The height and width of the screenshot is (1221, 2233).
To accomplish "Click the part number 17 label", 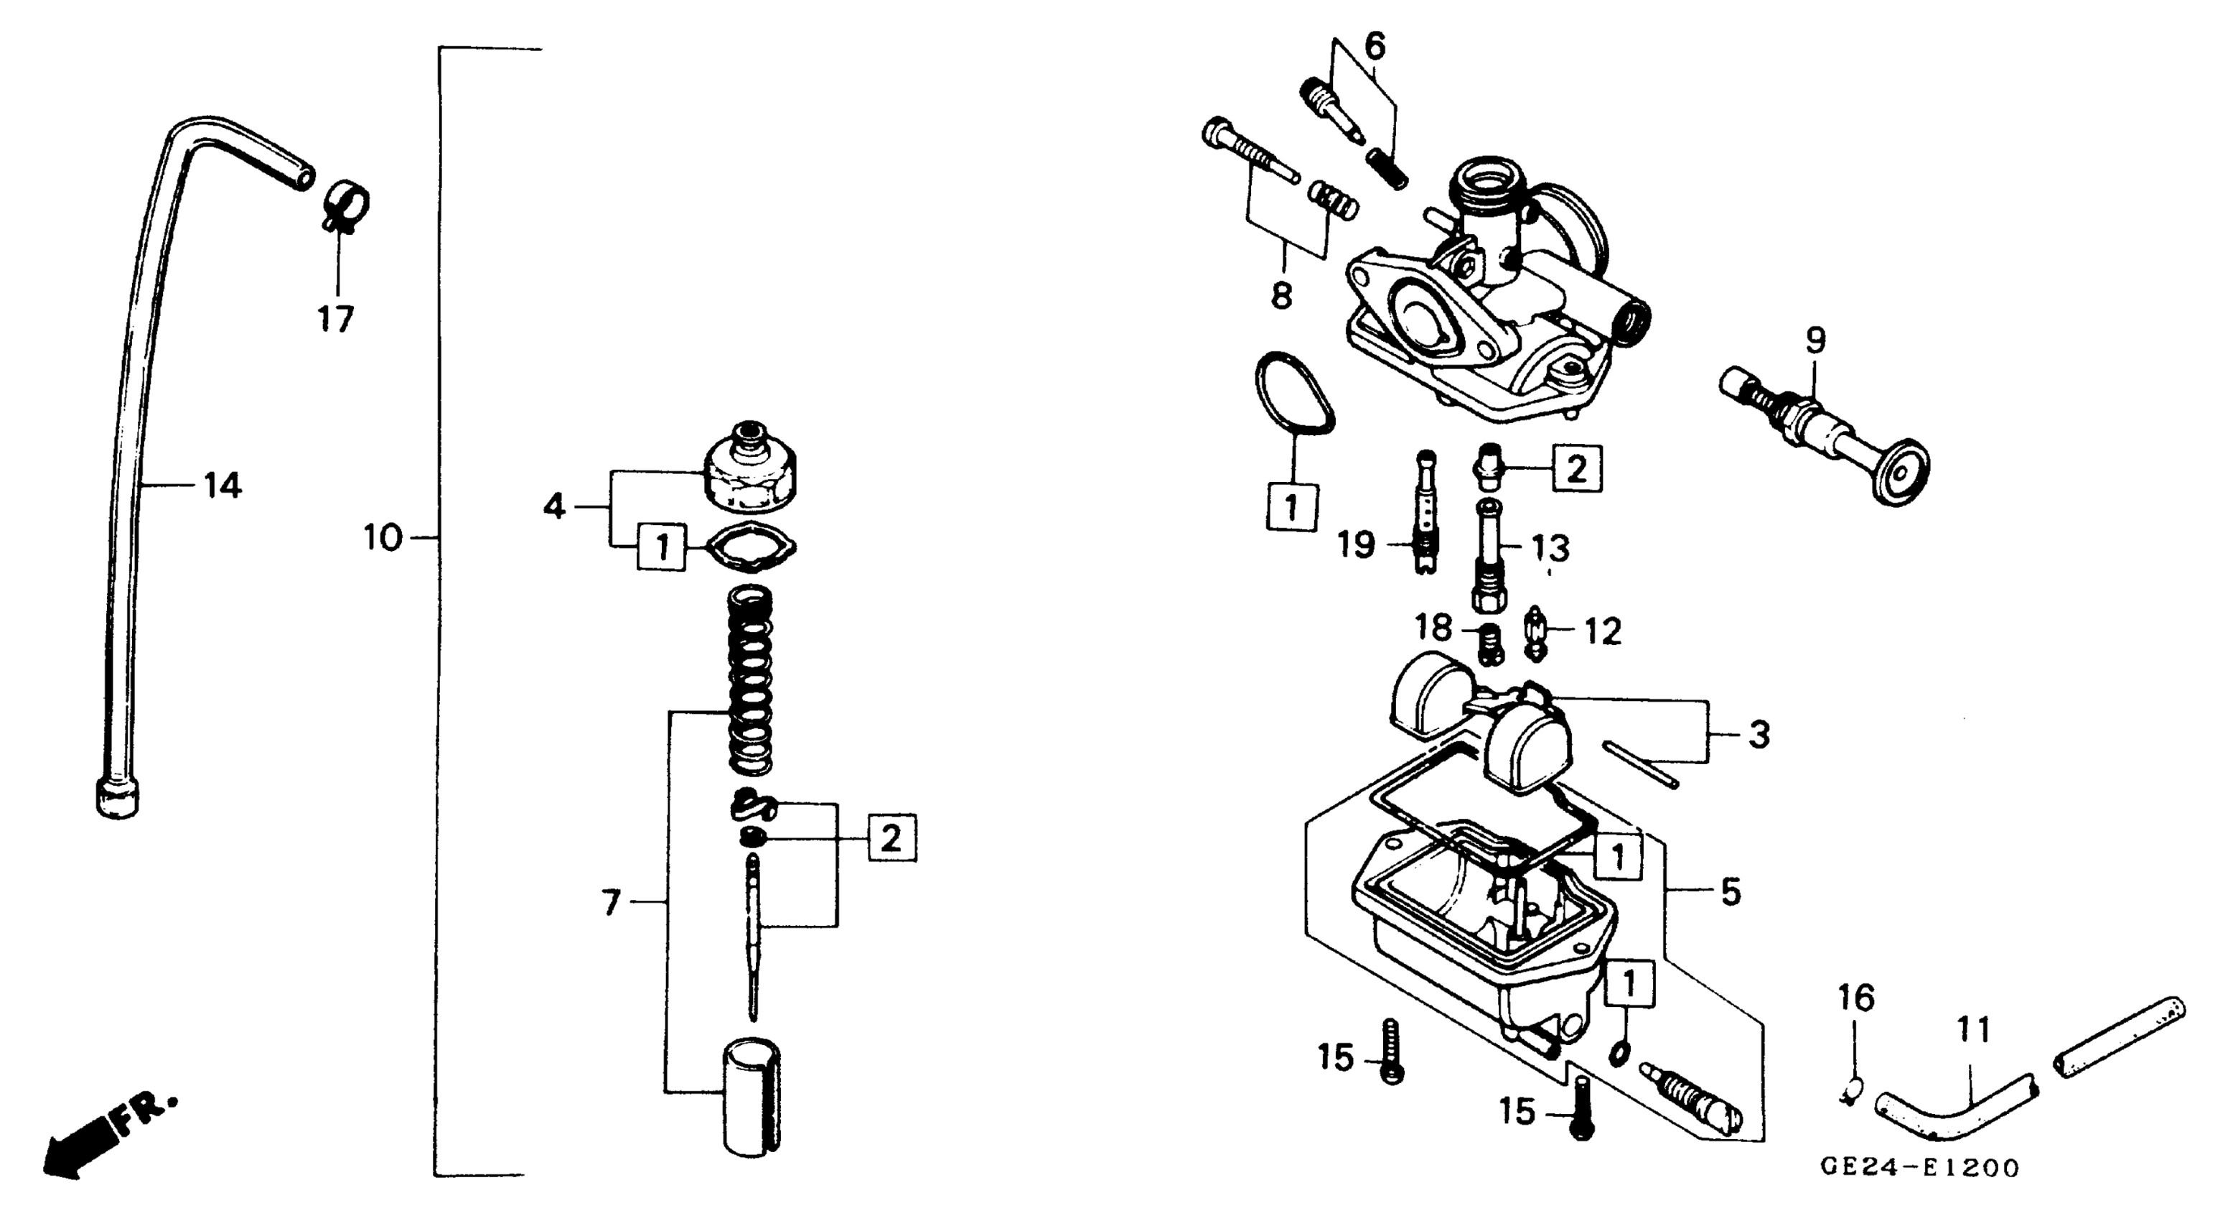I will click(337, 320).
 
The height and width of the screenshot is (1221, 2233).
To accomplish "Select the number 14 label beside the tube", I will click(222, 486).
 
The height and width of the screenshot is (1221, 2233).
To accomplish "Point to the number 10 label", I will click(383, 539).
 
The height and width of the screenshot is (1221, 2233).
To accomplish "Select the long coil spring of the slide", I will click(751, 681).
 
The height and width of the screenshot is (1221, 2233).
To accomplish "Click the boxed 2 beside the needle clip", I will click(891, 837).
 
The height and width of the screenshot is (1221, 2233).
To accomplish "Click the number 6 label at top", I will click(1375, 45).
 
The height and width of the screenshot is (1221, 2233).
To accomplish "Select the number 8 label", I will click(1281, 296).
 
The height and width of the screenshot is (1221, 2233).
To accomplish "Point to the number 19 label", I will click(1356, 544).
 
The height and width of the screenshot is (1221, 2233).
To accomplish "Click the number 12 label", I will click(1602, 631).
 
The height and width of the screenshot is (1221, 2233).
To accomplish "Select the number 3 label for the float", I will click(1758, 735).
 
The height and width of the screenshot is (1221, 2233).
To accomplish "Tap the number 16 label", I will click(1857, 998).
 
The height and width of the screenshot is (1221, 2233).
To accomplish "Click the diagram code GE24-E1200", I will click(1919, 1167).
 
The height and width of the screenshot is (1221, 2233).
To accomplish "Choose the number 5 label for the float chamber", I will click(1731, 891).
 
